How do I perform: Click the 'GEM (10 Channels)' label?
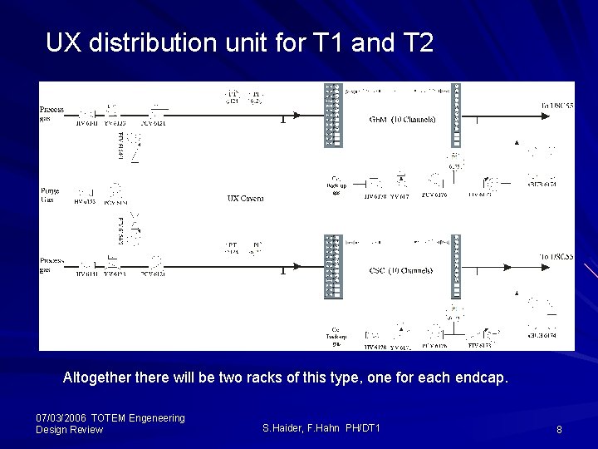[402, 118]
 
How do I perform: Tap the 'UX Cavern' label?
[244, 198]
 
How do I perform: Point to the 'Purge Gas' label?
[50, 194]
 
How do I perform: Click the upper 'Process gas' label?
[51, 114]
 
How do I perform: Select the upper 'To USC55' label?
[556, 105]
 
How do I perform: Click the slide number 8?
[560, 429]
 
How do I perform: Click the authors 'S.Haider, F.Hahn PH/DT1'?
[321, 427]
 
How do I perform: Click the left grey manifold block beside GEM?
[332, 115]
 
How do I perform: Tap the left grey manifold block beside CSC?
[332, 266]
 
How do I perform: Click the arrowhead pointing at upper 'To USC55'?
[534, 105]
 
